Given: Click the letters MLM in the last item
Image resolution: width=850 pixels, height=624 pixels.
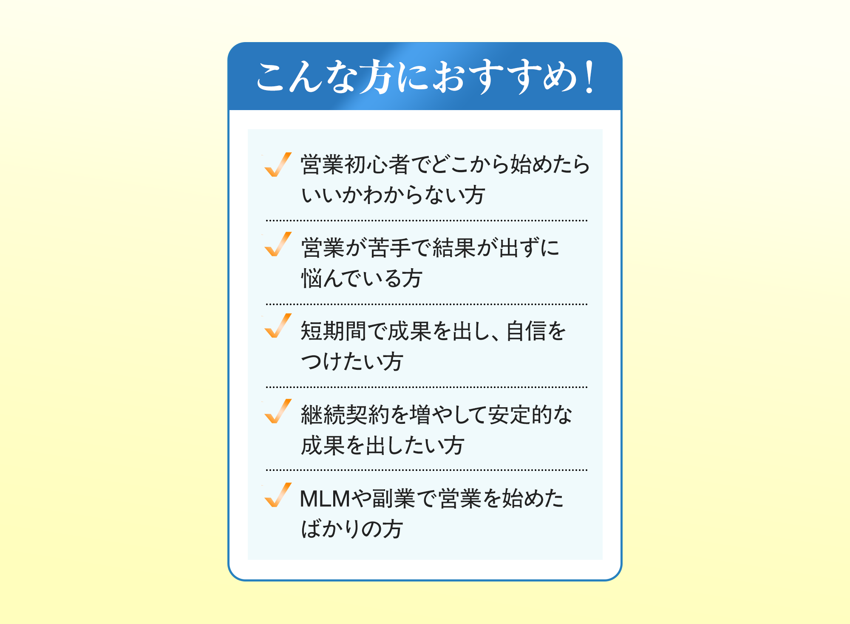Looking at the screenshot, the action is coord(325,499).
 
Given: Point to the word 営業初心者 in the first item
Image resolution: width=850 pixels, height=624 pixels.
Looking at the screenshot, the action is coord(355,165).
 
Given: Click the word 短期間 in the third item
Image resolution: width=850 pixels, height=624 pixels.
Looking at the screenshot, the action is coord(334,331).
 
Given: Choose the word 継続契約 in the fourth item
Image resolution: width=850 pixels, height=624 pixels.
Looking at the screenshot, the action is coord(345,415).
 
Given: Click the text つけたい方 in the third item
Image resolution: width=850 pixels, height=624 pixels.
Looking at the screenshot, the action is coord(351,362).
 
